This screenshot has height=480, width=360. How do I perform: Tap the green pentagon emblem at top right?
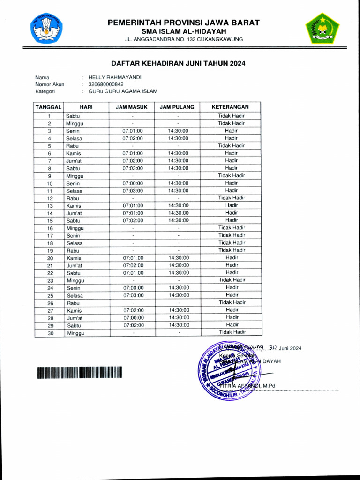pyautogui.click(x=322, y=29)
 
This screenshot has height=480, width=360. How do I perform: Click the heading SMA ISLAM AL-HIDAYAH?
pyautogui.click(x=184, y=31)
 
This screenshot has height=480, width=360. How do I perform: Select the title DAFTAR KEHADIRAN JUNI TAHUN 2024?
pyautogui.click(x=178, y=63)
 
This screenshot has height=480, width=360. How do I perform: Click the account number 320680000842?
pyautogui.click(x=106, y=84)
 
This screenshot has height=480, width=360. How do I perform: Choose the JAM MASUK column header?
pyautogui.click(x=133, y=107)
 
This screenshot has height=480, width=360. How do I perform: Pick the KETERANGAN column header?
pyautogui.click(x=231, y=107)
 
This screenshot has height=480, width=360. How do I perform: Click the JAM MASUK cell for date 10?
pyautogui.click(x=133, y=183)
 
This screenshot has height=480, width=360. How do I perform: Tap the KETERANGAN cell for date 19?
pyautogui.click(x=231, y=250)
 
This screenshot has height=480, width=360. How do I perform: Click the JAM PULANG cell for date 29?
pyautogui.click(x=178, y=325)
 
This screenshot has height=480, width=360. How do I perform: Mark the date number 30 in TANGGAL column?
pyautogui.click(x=49, y=333)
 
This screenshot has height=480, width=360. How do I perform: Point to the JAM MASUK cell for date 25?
pyautogui.click(x=133, y=295)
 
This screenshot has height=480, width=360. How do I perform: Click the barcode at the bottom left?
pyautogui.click(x=79, y=372)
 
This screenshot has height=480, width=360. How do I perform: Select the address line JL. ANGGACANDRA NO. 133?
pyautogui.click(x=184, y=39)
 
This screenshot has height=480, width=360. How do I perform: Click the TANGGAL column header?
pyautogui.click(x=49, y=107)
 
